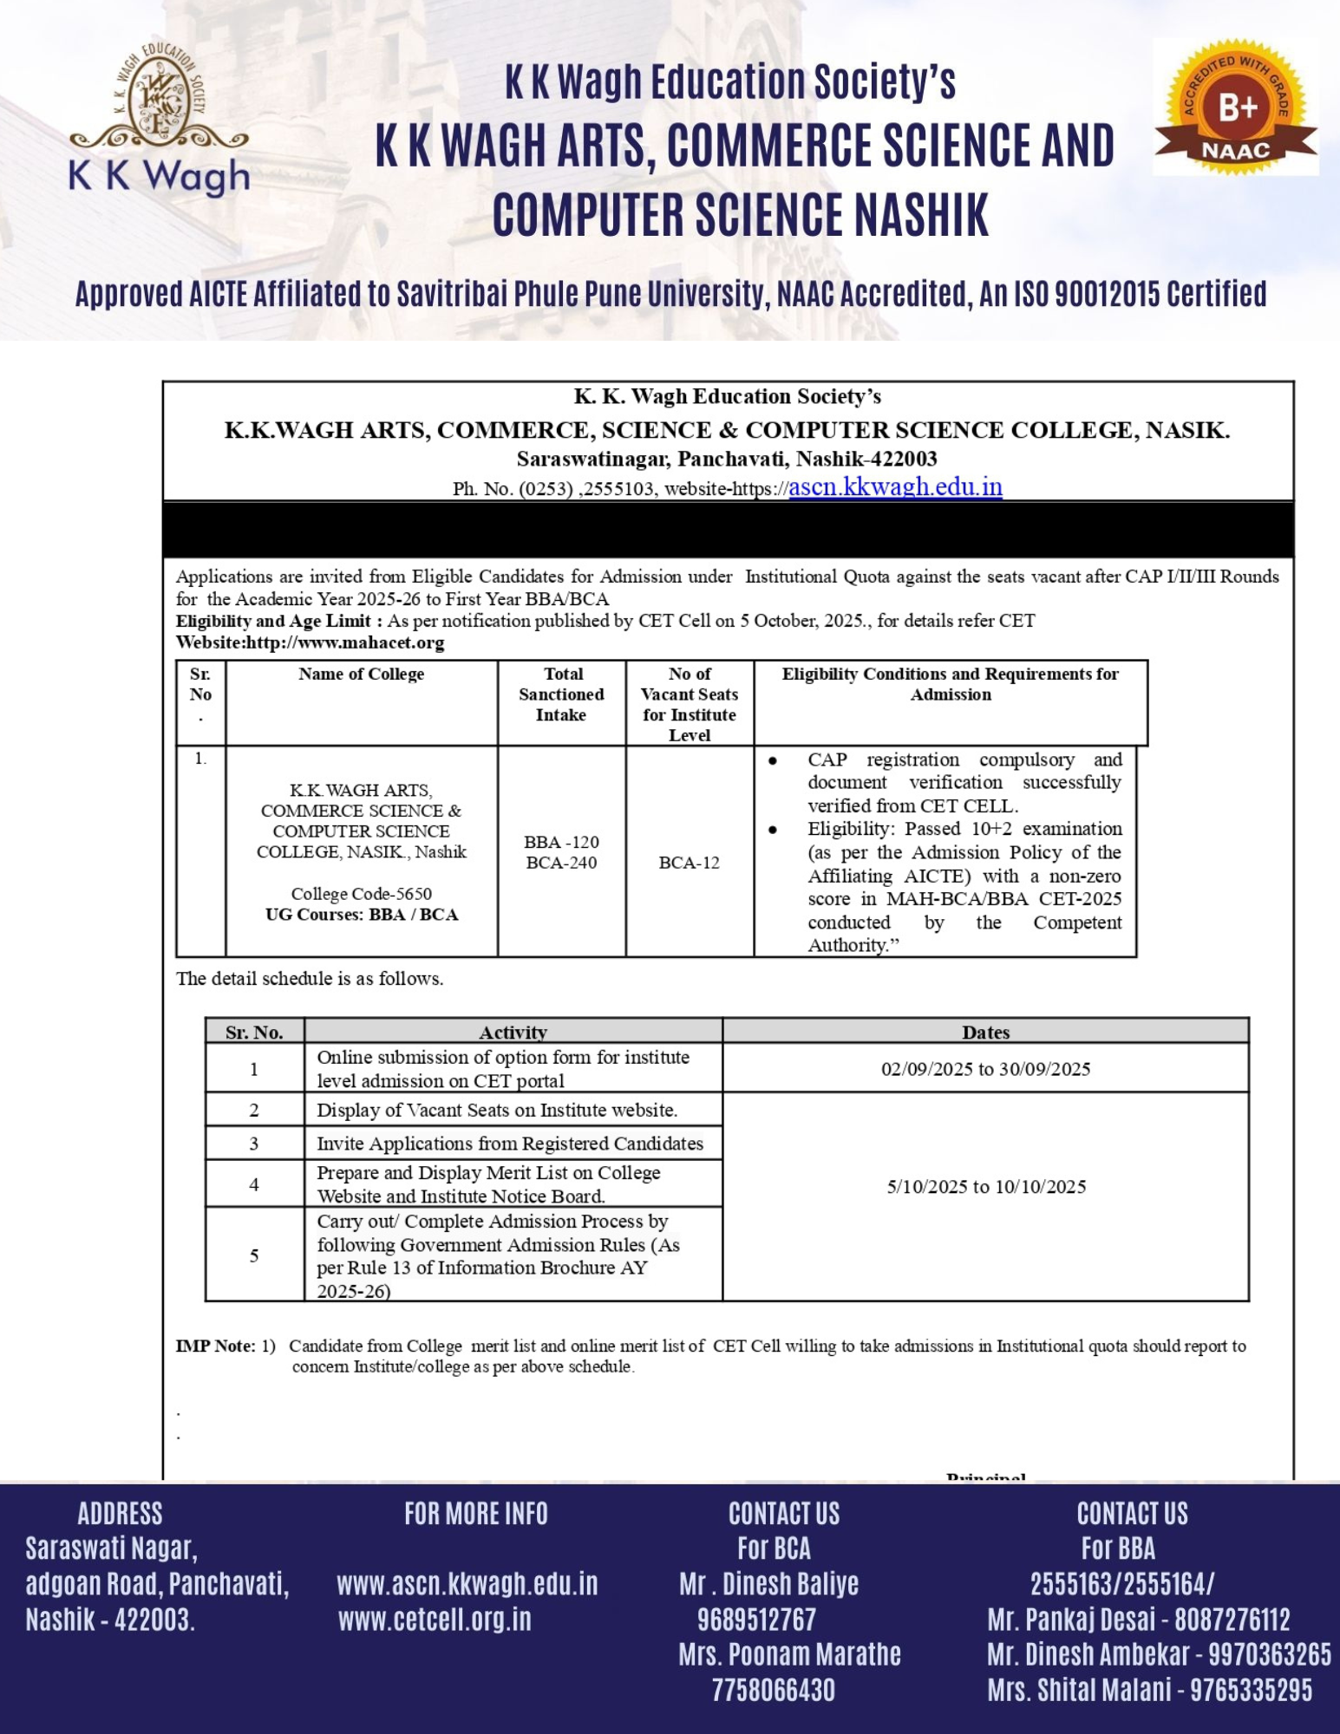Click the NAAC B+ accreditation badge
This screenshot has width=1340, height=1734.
click(1235, 108)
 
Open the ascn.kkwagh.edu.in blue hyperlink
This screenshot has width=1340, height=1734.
click(895, 486)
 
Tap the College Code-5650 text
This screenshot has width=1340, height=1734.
click(361, 894)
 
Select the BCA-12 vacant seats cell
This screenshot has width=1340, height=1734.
click(689, 863)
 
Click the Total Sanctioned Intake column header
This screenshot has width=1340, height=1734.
click(561, 694)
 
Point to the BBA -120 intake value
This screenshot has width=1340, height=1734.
click(561, 842)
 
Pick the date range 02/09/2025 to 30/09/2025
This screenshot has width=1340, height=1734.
click(985, 1069)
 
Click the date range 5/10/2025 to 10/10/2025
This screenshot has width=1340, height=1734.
click(985, 1187)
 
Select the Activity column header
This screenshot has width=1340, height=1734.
click(513, 1032)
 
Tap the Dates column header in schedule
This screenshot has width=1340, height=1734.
click(985, 1032)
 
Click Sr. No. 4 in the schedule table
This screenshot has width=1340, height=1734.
click(254, 1184)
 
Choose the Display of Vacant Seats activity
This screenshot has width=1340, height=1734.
click(497, 1110)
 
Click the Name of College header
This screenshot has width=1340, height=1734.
click(361, 675)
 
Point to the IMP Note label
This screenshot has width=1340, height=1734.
click(215, 1346)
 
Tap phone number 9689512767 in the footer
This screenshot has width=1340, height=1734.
click(756, 1619)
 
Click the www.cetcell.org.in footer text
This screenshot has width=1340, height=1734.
click(435, 1619)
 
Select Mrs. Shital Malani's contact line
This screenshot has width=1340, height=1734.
click(1149, 1690)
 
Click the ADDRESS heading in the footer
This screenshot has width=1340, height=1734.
click(120, 1514)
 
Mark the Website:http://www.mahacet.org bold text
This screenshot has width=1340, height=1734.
click(310, 643)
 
